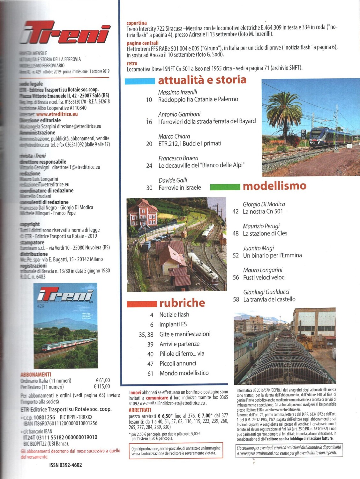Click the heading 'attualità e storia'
click(202, 80)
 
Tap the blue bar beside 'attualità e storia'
click(140, 81)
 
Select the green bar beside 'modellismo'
click(225, 187)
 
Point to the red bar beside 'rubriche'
click(142, 304)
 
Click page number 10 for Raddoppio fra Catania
click(149, 100)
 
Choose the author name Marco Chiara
click(174, 136)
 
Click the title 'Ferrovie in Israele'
click(180, 188)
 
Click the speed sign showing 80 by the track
click(304, 132)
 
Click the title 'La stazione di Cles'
click(265, 234)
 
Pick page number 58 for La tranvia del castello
click(236, 300)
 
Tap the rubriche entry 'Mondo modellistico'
click(184, 373)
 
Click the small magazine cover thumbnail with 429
click(65, 325)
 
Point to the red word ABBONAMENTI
click(35, 375)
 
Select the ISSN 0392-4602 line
click(65, 465)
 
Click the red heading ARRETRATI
click(140, 410)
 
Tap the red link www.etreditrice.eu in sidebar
click(57, 114)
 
